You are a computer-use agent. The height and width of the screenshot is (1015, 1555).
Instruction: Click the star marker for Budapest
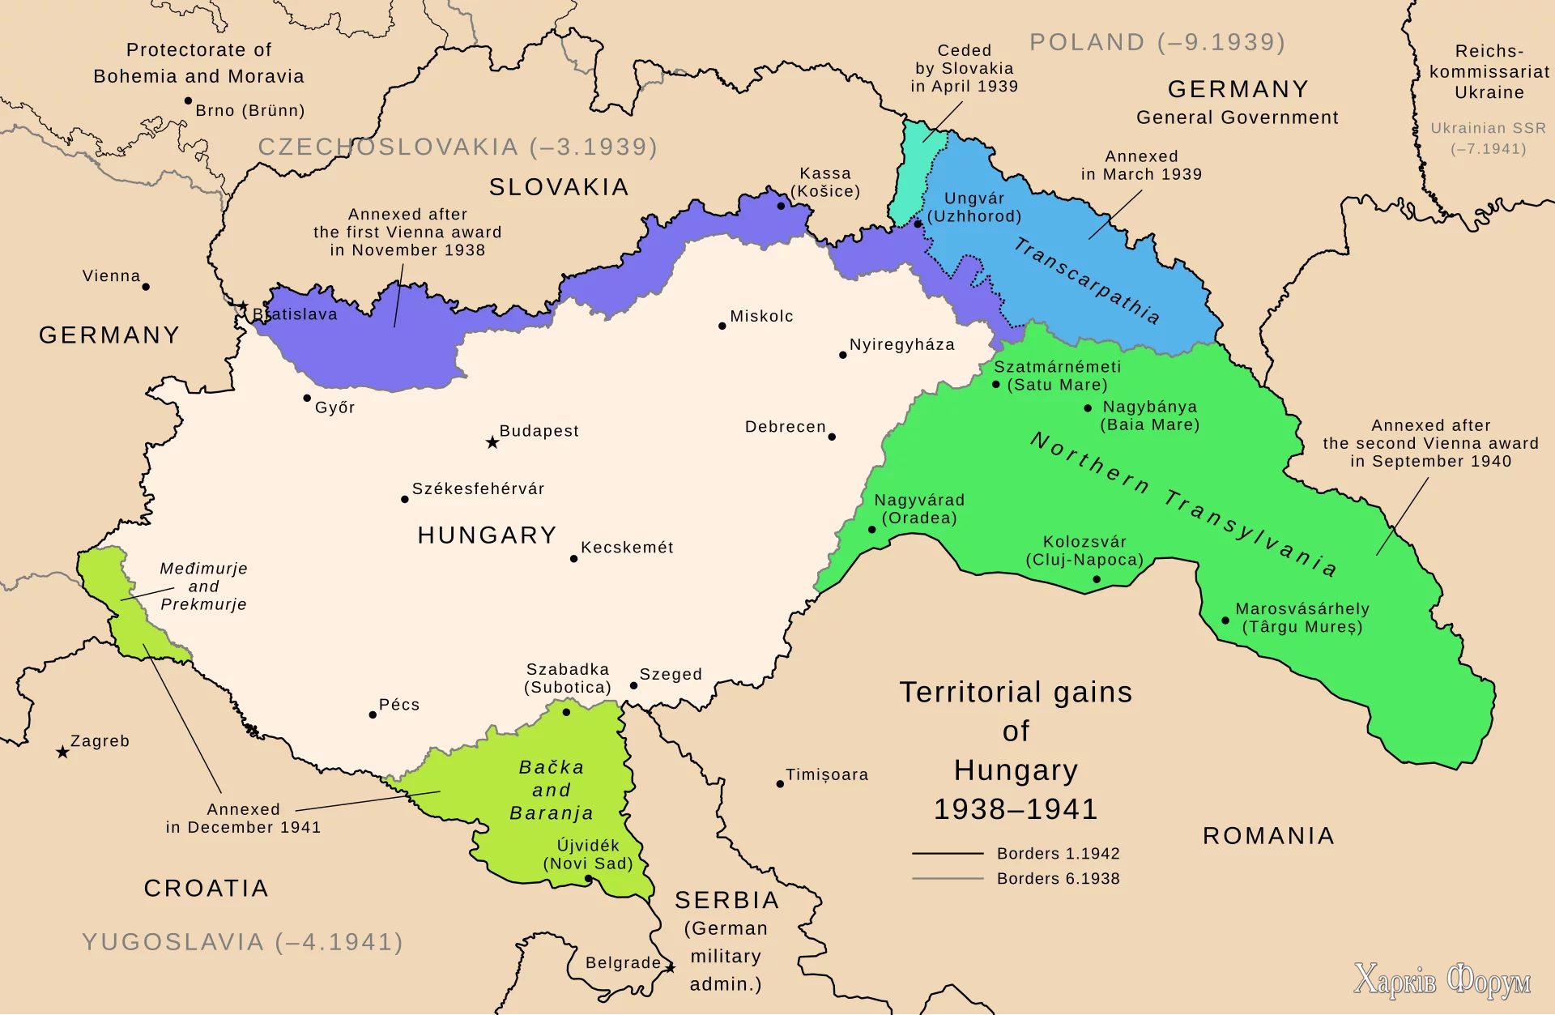[x=492, y=442]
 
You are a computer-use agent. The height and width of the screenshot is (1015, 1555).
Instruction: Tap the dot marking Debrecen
[x=832, y=437]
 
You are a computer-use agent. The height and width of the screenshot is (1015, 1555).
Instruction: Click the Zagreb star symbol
[x=62, y=753]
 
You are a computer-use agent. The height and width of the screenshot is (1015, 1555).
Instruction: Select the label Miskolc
[x=761, y=317]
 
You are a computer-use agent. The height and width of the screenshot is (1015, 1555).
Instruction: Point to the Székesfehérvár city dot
[x=405, y=499]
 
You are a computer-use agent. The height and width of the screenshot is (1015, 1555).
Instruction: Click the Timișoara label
[x=827, y=775]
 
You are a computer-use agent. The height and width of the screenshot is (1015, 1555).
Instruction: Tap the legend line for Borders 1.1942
[x=947, y=854]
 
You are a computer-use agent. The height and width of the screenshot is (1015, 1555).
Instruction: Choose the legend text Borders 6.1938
[x=1058, y=879]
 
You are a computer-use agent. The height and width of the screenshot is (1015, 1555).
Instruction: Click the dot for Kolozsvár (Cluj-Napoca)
[x=1097, y=579]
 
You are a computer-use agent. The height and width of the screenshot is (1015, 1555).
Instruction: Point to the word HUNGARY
[x=487, y=535]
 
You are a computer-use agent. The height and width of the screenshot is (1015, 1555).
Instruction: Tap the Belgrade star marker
[x=671, y=967]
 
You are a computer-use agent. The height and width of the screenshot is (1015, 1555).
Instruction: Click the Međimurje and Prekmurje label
[x=203, y=586]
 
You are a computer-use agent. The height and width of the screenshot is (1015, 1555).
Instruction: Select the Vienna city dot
[x=146, y=287]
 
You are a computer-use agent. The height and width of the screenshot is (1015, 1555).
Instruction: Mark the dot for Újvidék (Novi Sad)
[x=588, y=879]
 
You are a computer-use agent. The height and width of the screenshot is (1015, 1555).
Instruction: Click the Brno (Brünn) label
[x=249, y=111]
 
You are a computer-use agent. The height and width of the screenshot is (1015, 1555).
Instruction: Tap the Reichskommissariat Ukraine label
[x=1489, y=72]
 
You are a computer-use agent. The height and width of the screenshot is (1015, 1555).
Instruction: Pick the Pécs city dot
[x=373, y=715]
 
